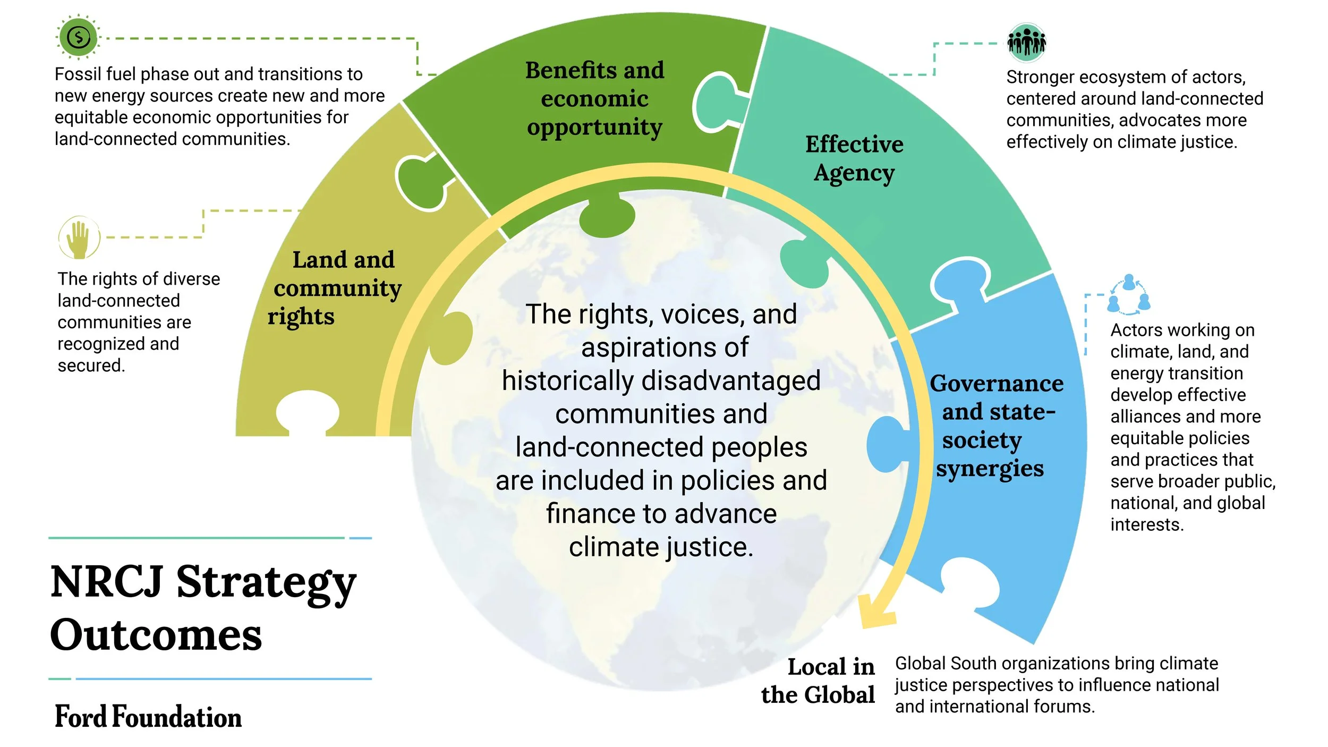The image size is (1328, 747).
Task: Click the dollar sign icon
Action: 79,37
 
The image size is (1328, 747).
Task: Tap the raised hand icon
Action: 79,237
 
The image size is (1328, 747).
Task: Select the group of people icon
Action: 1026,42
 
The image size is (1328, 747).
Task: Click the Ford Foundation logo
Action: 148,717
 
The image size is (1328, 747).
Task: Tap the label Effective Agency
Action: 854,158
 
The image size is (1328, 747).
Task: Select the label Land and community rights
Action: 337,288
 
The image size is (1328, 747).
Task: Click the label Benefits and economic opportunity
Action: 594,99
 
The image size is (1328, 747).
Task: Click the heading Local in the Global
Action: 819,681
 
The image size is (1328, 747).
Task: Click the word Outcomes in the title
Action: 156,635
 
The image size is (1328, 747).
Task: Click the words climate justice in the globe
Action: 661,547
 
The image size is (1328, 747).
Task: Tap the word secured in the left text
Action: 90,366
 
